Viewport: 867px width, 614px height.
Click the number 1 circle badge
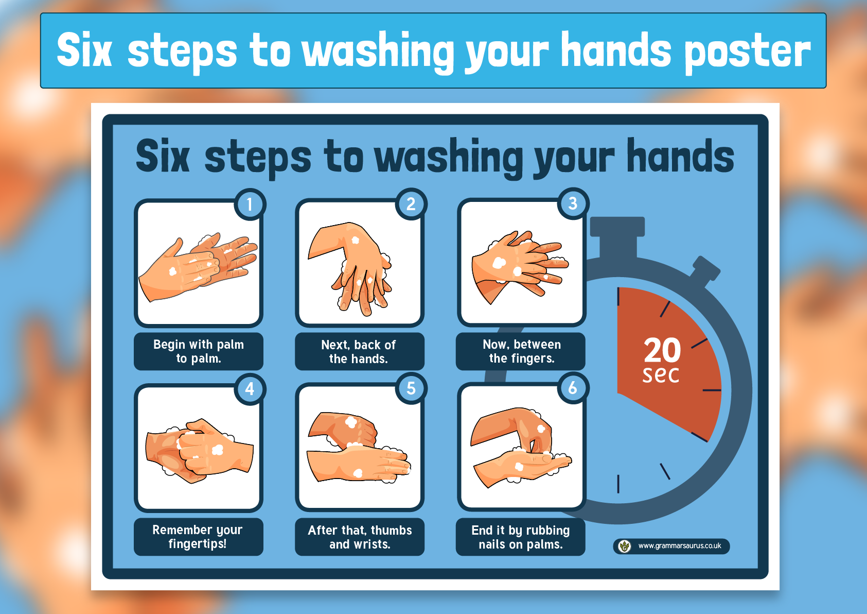[250, 204]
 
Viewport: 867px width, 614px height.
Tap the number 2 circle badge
[411, 204]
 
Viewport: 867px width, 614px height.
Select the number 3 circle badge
[573, 203]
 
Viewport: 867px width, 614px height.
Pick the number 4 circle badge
[250, 389]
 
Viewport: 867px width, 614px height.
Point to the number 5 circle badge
[411, 388]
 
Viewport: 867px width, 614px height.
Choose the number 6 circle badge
[573, 388]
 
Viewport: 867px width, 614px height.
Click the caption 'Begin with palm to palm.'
[199, 351]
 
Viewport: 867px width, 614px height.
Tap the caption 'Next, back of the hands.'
[359, 352]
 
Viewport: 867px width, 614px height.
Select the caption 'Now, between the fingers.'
[521, 351]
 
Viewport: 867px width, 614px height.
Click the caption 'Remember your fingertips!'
[198, 537]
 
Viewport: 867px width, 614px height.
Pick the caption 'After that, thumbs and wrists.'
[360, 537]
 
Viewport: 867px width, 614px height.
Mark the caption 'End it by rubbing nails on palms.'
[521, 537]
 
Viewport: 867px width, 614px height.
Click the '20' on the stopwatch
[662, 350]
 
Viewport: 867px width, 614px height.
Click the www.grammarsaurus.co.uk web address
[680, 546]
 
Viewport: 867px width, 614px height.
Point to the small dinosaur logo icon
[624, 546]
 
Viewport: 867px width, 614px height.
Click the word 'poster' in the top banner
[747, 53]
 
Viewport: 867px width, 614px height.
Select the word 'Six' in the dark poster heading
[163, 156]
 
